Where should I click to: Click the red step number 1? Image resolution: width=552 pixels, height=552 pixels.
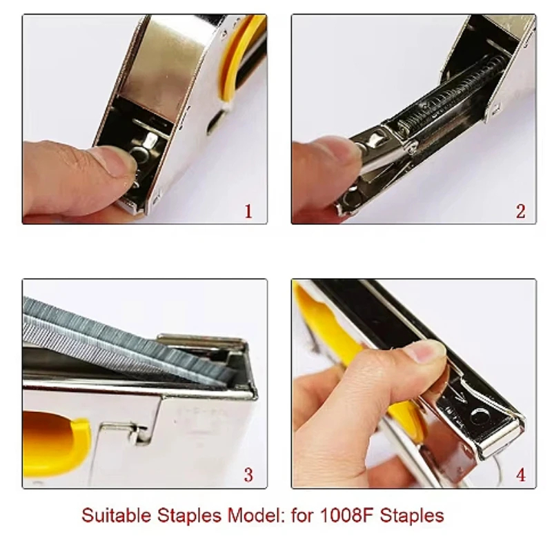pos(248,211)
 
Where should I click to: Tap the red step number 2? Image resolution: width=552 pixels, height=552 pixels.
pos(521,211)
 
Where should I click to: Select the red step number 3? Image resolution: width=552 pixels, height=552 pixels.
pos(248,475)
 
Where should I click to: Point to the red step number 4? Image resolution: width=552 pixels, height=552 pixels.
pos(521,475)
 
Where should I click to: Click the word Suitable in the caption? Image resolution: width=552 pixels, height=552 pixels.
pos(117,515)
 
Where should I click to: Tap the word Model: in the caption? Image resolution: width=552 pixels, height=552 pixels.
pos(256,515)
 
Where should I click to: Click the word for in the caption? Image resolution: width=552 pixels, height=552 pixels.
pos(302,515)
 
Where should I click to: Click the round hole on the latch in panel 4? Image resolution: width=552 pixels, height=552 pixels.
pos(479,416)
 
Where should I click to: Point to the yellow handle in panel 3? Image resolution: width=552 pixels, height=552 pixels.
pos(57,444)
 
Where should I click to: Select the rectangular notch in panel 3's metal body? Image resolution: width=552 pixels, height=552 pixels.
pos(141,433)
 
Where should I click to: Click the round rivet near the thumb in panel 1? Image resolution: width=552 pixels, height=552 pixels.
pos(141,155)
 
